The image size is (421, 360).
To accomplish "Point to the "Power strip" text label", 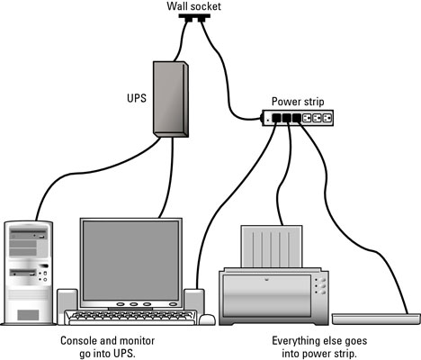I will point(300,102).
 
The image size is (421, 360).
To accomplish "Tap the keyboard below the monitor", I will point(131,318).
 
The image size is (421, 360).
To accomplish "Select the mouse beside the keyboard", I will point(207,319).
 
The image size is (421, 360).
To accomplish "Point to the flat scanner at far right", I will point(376,318).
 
